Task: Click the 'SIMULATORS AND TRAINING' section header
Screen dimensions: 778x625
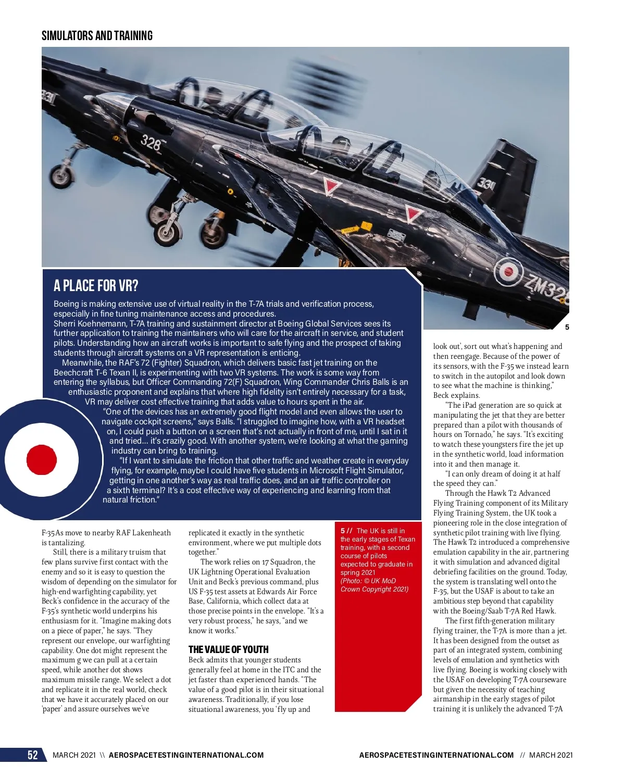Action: click(x=97, y=36)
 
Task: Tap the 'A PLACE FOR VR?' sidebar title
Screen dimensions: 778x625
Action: click(x=96, y=286)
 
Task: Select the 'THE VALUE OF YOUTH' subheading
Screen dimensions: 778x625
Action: click(x=229, y=649)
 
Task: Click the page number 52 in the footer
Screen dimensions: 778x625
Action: click(x=32, y=755)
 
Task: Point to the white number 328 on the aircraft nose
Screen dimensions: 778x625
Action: click(x=151, y=142)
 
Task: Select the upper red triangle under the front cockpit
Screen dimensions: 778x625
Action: click(x=330, y=186)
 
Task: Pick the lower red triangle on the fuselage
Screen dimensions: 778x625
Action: click(x=413, y=214)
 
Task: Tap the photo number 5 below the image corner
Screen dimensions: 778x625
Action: click(x=567, y=327)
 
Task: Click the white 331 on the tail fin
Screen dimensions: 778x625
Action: click(x=486, y=183)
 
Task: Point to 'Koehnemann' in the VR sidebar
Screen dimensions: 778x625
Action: click(x=103, y=324)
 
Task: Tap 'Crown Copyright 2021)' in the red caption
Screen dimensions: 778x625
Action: click(x=374, y=589)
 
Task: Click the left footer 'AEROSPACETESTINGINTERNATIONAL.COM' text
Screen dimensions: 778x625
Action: click(x=186, y=755)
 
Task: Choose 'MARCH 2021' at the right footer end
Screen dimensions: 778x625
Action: click(x=551, y=755)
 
